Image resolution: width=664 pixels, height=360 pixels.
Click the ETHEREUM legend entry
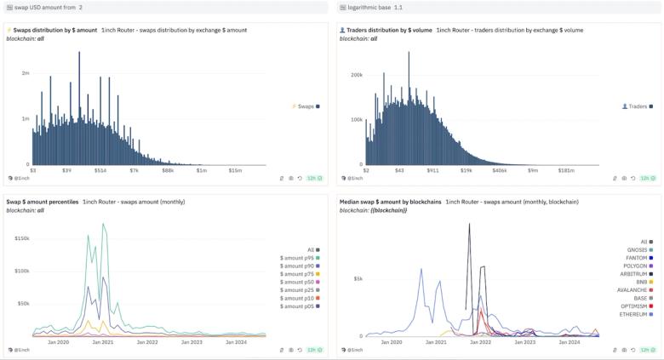(633, 314)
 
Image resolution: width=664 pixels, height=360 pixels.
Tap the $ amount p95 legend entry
(298, 257)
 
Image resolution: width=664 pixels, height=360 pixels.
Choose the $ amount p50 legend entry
(298, 282)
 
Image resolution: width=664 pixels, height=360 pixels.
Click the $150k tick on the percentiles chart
(22, 238)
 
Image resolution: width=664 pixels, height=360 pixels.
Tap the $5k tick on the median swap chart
(358, 278)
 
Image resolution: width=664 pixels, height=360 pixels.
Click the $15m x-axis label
(235, 171)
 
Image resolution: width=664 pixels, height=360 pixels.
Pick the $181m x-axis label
(566, 171)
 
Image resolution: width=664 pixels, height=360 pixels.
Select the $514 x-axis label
(100, 171)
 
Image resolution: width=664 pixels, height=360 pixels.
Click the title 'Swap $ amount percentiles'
(43, 202)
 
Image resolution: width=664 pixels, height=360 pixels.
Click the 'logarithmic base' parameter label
(368, 7)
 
